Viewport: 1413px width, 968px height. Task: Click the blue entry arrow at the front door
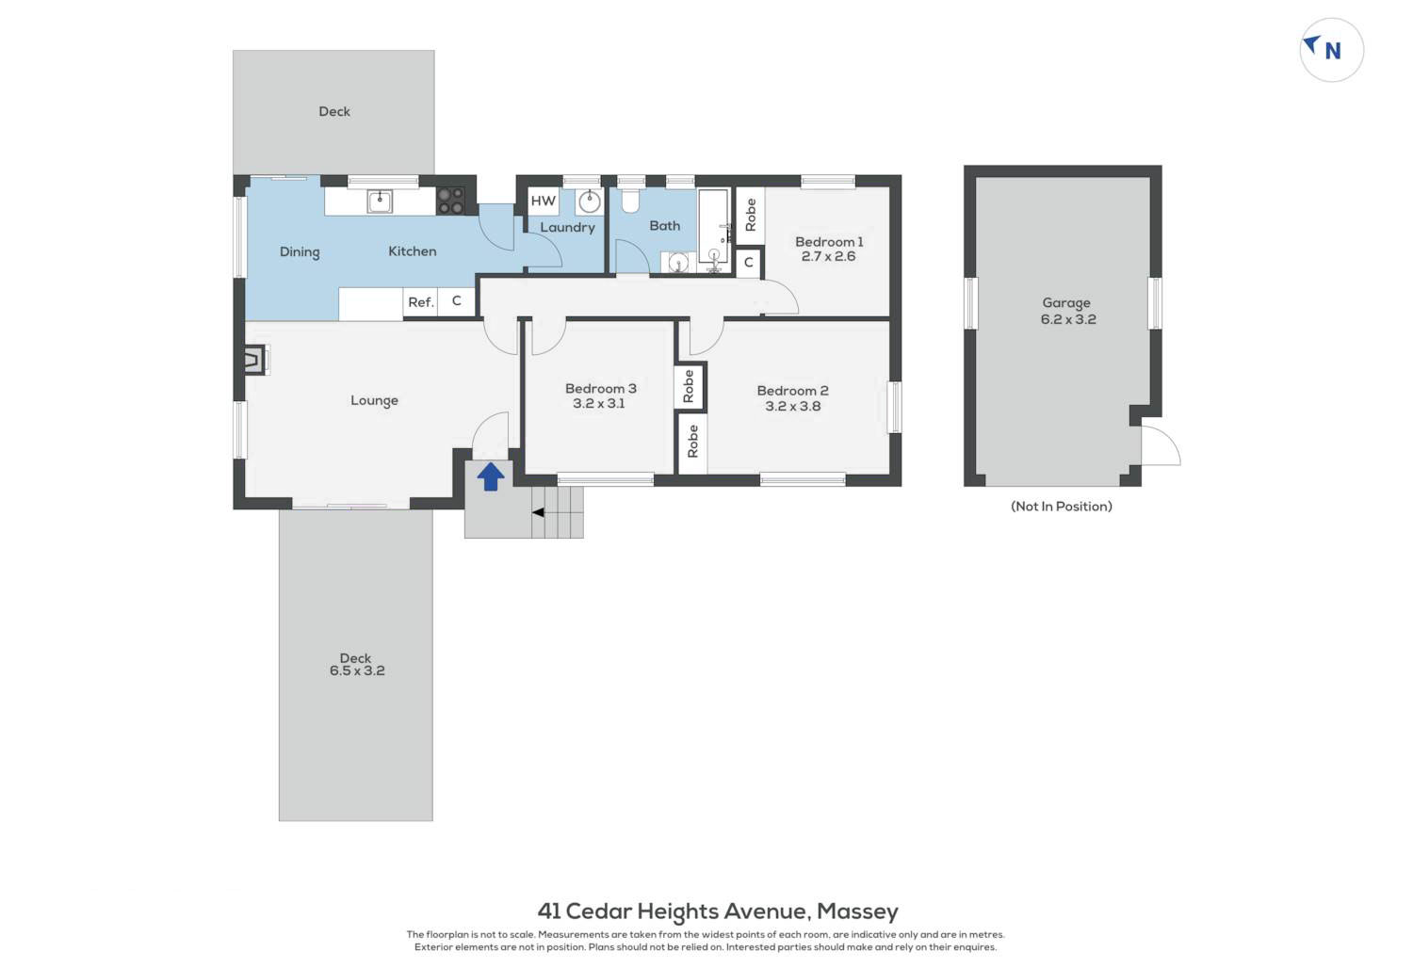coord(491,476)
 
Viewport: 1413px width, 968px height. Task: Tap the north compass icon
coord(1332,50)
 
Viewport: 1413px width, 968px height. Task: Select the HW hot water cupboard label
coord(544,202)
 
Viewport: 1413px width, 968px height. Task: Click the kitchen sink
coord(380,202)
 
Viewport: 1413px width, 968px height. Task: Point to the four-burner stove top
coord(451,202)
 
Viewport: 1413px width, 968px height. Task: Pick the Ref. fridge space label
coord(421,302)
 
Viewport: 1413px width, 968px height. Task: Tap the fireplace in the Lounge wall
coord(255,361)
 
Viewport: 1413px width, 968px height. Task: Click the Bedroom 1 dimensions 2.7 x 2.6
coord(828,257)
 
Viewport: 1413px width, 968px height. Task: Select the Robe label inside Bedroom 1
coord(751,215)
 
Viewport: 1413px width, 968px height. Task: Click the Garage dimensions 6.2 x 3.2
coord(1068,320)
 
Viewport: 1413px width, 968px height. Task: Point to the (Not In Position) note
coord(1062,507)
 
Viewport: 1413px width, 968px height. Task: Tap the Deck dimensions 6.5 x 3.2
coord(357,671)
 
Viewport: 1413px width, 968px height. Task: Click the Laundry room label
coord(567,228)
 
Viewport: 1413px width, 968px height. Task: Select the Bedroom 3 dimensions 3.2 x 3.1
coord(598,404)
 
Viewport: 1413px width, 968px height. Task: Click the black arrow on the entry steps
coord(538,512)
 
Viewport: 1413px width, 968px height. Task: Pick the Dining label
coord(300,252)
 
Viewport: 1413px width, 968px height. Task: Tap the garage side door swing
coord(1161,445)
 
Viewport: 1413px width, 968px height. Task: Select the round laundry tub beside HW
coord(590,202)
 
